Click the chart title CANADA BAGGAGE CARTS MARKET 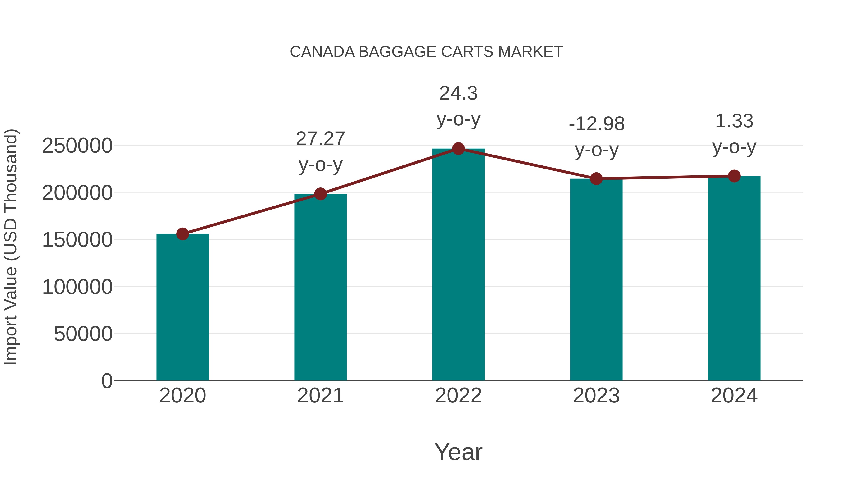click(x=426, y=52)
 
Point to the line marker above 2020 click(x=182, y=234)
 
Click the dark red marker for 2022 click(x=458, y=149)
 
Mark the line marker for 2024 click(x=734, y=176)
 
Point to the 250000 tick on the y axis click(x=77, y=146)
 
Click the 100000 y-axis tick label click(x=77, y=287)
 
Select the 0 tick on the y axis click(x=107, y=381)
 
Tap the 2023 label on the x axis click(x=596, y=396)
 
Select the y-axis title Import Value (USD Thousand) click(x=11, y=247)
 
